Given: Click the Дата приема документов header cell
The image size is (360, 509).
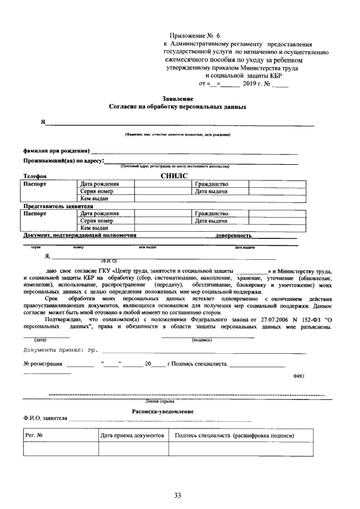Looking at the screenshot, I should click(x=132, y=435).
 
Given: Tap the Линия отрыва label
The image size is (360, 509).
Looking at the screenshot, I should click(x=160, y=402).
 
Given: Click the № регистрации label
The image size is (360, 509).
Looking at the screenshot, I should click(x=43, y=364).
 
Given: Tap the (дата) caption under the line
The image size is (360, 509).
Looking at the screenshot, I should click(x=40, y=340).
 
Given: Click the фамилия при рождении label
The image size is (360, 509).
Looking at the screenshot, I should click(x=56, y=151).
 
